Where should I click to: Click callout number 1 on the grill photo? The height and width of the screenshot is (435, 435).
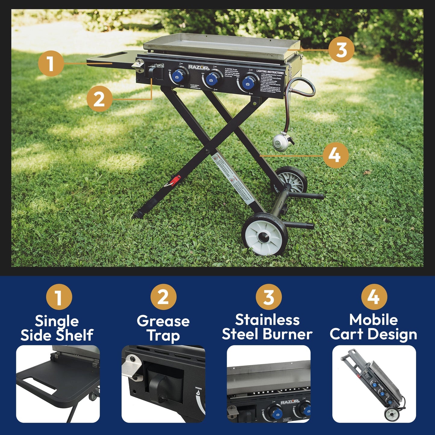point(51,64)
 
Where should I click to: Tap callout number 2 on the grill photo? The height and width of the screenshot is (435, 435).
point(99,99)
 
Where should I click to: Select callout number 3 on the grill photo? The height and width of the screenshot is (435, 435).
point(341,50)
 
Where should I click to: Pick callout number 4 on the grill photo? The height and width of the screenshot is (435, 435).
point(335,155)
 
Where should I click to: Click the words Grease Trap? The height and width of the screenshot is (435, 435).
point(163,328)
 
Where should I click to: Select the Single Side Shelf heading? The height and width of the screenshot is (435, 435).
point(57,328)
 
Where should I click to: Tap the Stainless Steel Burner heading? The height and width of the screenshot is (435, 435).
point(267,327)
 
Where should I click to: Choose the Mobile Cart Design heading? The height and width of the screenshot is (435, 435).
point(373,327)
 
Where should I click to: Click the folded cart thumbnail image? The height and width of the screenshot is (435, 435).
point(374,384)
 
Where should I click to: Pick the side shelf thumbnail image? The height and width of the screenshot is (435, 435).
point(58,384)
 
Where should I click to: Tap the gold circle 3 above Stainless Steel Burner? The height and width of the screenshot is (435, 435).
point(269,297)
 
